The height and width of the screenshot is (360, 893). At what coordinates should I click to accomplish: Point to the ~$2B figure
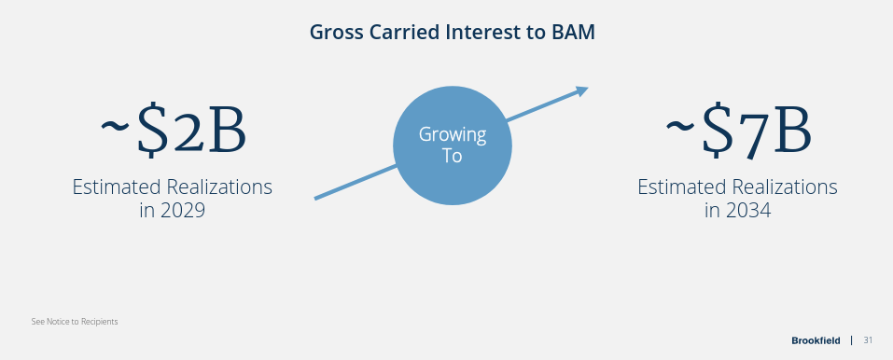tap(174, 132)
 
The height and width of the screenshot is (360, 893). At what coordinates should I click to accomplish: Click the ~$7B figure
tap(738, 132)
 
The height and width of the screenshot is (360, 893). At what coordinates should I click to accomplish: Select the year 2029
tap(182, 211)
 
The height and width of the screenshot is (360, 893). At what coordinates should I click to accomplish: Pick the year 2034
tap(747, 211)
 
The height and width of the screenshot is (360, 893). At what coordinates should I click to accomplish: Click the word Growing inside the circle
tap(453, 134)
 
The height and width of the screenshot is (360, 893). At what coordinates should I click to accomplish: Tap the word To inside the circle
tap(452, 156)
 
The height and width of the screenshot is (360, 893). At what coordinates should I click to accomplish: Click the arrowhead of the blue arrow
tap(582, 90)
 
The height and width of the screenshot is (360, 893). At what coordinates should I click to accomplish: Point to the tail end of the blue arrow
tap(318, 197)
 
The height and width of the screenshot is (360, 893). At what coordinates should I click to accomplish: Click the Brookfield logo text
tap(815, 340)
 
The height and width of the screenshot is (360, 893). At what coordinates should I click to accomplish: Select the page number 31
tap(868, 340)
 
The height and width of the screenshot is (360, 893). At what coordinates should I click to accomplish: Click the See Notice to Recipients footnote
tap(75, 322)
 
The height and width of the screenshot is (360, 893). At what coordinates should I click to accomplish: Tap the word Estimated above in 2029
tap(117, 187)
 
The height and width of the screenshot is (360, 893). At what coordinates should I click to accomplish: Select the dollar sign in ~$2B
tap(150, 132)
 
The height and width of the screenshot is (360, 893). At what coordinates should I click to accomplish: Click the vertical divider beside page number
tap(851, 340)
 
